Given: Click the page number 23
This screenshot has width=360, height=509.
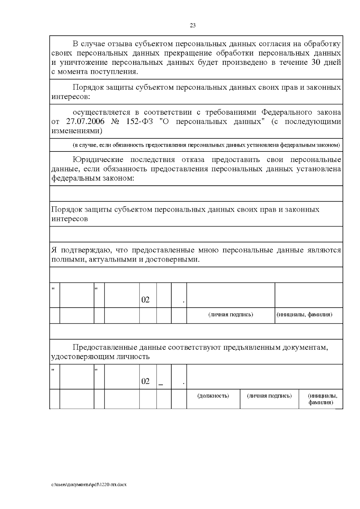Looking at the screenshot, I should pos(193,25).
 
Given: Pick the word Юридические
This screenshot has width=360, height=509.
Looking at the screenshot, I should pos(98,160).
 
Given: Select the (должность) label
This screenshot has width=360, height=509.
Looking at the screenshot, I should pos(213,396).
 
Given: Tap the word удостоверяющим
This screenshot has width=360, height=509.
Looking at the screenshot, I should pos(79,357).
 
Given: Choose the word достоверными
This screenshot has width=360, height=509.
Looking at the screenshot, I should pos(172,259).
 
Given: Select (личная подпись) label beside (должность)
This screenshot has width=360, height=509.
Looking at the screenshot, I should pos(269,396).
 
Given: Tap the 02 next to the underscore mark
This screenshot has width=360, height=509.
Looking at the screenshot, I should pos(145,381).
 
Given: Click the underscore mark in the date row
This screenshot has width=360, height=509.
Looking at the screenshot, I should pos(161,384).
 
